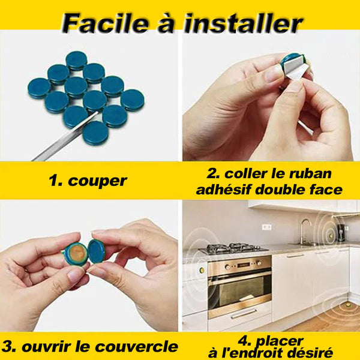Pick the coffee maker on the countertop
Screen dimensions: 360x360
tap(340, 232)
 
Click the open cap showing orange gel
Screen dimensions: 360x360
tap(76, 253)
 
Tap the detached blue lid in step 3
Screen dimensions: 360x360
tap(97, 251)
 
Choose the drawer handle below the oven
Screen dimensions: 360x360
tap(244, 314)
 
